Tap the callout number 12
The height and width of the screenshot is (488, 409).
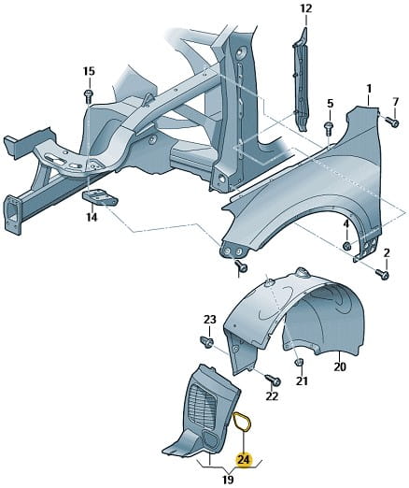tap(305, 8)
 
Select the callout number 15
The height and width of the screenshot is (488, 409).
tap(89, 71)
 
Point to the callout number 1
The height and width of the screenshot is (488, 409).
tap(369, 89)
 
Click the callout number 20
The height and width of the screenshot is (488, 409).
tap(340, 367)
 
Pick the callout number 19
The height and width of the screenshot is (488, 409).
tap(228, 480)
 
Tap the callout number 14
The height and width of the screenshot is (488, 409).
tap(92, 217)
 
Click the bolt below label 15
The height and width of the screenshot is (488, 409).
tap(89, 96)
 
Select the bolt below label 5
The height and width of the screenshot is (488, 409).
tap(329, 128)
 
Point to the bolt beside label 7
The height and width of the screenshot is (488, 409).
tap(391, 122)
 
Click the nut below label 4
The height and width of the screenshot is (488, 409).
tap(347, 246)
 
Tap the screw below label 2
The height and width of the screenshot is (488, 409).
tap(383, 274)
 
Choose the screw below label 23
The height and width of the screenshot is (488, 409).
tap(207, 342)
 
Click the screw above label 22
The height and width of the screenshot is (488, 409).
tap(274, 380)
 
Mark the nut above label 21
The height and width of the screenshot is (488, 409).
tap(299, 363)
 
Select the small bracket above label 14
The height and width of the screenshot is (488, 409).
tap(100, 198)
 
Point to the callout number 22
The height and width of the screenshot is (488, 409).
tap(272, 396)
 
